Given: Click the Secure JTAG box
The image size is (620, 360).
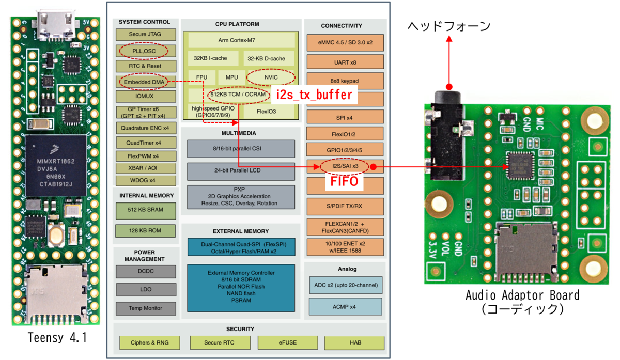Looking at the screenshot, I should pyautogui.click(x=145, y=35).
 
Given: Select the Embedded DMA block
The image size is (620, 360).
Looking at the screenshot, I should pyautogui.click(x=144, y=82).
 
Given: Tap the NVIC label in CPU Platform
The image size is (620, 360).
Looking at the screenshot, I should pyautogui.click(x=271, y=77).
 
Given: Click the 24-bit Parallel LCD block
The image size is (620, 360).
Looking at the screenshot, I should pyautogui.click(x=240, y=171).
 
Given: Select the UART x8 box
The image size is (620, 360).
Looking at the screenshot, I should pyautogui.click(x=345, y=62).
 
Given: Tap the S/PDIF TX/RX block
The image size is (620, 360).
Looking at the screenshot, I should pyautogui.click(x=345, y=206).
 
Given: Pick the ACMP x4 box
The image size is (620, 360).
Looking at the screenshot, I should pyautogui.click(x=345, y=307).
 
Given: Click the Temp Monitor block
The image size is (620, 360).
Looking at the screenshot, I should pyautogui.click(x=145, y=308).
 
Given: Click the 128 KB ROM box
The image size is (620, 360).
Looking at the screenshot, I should pyautogui.click(x=145, y=230).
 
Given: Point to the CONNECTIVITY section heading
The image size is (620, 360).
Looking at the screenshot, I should pyautogui.click(x=345, y=26).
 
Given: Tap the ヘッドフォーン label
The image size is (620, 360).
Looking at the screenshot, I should pyautogui.click(x=449, y=26).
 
